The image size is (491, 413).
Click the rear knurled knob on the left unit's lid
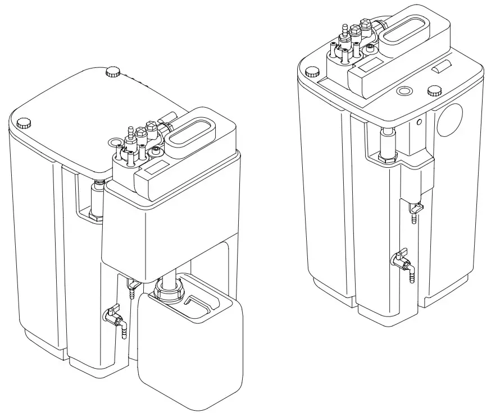[113, 71]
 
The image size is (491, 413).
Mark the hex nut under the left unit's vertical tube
[96, 216]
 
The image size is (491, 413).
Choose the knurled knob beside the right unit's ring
[434, 90]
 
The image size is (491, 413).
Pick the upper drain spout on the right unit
[416, 211]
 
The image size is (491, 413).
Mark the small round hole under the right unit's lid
[419, 121]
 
